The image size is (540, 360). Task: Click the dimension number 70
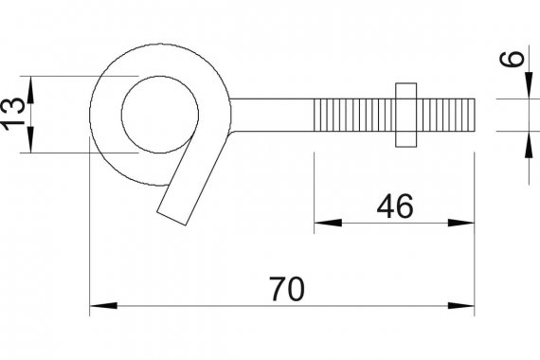click(287, 289)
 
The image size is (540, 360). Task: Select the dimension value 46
click(395, 206)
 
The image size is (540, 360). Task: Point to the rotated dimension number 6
click(512, 59)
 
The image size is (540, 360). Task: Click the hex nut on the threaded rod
click(406, 115)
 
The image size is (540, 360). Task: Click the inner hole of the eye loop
click(160, 115)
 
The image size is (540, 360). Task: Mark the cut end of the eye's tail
click(171, 219)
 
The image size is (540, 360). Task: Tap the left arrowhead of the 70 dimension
click(103, 306)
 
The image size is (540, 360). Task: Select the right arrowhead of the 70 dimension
click(460, 306)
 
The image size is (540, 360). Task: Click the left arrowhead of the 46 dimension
click(328, 223)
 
